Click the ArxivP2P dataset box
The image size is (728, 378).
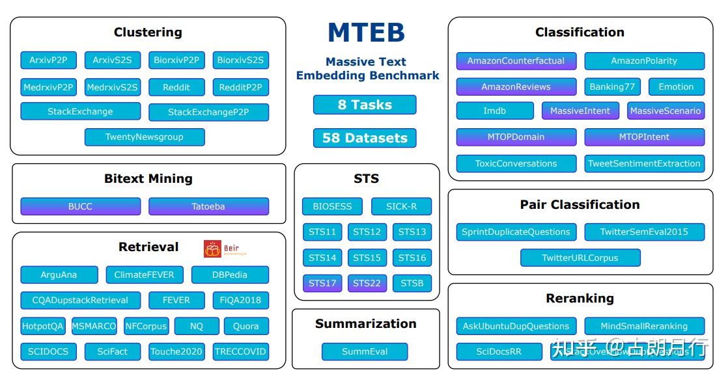[48, 61]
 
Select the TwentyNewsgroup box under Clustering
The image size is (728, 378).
[145, 137]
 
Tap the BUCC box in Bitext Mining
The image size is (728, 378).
[80, 206]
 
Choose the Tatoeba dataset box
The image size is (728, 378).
[208, 206]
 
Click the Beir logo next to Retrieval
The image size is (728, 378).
[225, 249]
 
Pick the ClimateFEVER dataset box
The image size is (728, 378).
[145, 275]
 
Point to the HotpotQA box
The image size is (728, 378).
[43, 326]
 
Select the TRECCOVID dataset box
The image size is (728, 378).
[240, 351]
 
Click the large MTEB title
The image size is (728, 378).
[366, 33]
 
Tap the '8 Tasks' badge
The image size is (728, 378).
[365, 105]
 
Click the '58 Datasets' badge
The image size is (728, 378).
[365, 138]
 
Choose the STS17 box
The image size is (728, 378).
[322, 283]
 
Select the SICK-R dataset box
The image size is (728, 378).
[401, 206]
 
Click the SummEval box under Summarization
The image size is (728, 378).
[365, 351]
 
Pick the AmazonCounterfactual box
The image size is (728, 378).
[516, 61]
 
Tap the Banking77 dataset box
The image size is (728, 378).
[612, 87]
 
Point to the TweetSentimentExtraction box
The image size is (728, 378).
[644, 163]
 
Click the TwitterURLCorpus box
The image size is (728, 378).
[580, 258]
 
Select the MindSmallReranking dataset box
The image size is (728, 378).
[644, 326]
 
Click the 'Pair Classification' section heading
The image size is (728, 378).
[580, 205]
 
